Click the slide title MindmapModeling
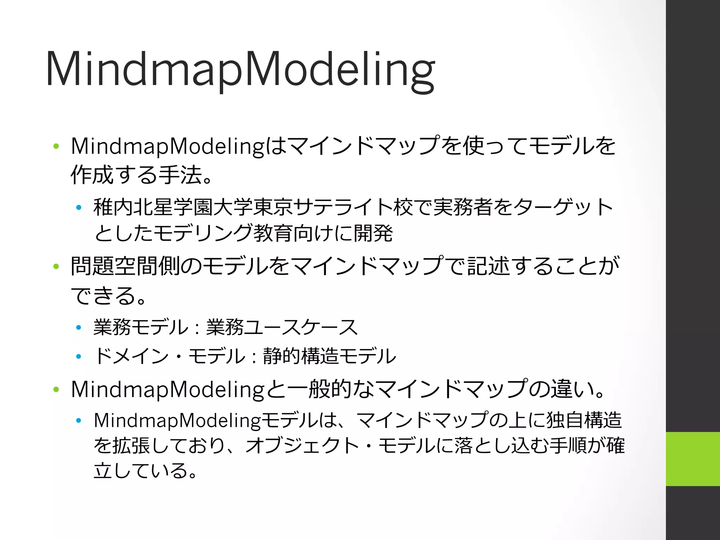(240, 70)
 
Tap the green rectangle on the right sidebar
(693, 459)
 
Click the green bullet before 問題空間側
(56, 266)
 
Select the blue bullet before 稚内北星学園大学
(79, 208)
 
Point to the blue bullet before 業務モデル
(79, 328)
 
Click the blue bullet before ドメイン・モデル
(79, 356)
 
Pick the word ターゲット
(563, 207)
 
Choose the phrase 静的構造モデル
(329, 356)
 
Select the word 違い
(572, 390)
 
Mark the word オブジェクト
(302, 446)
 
